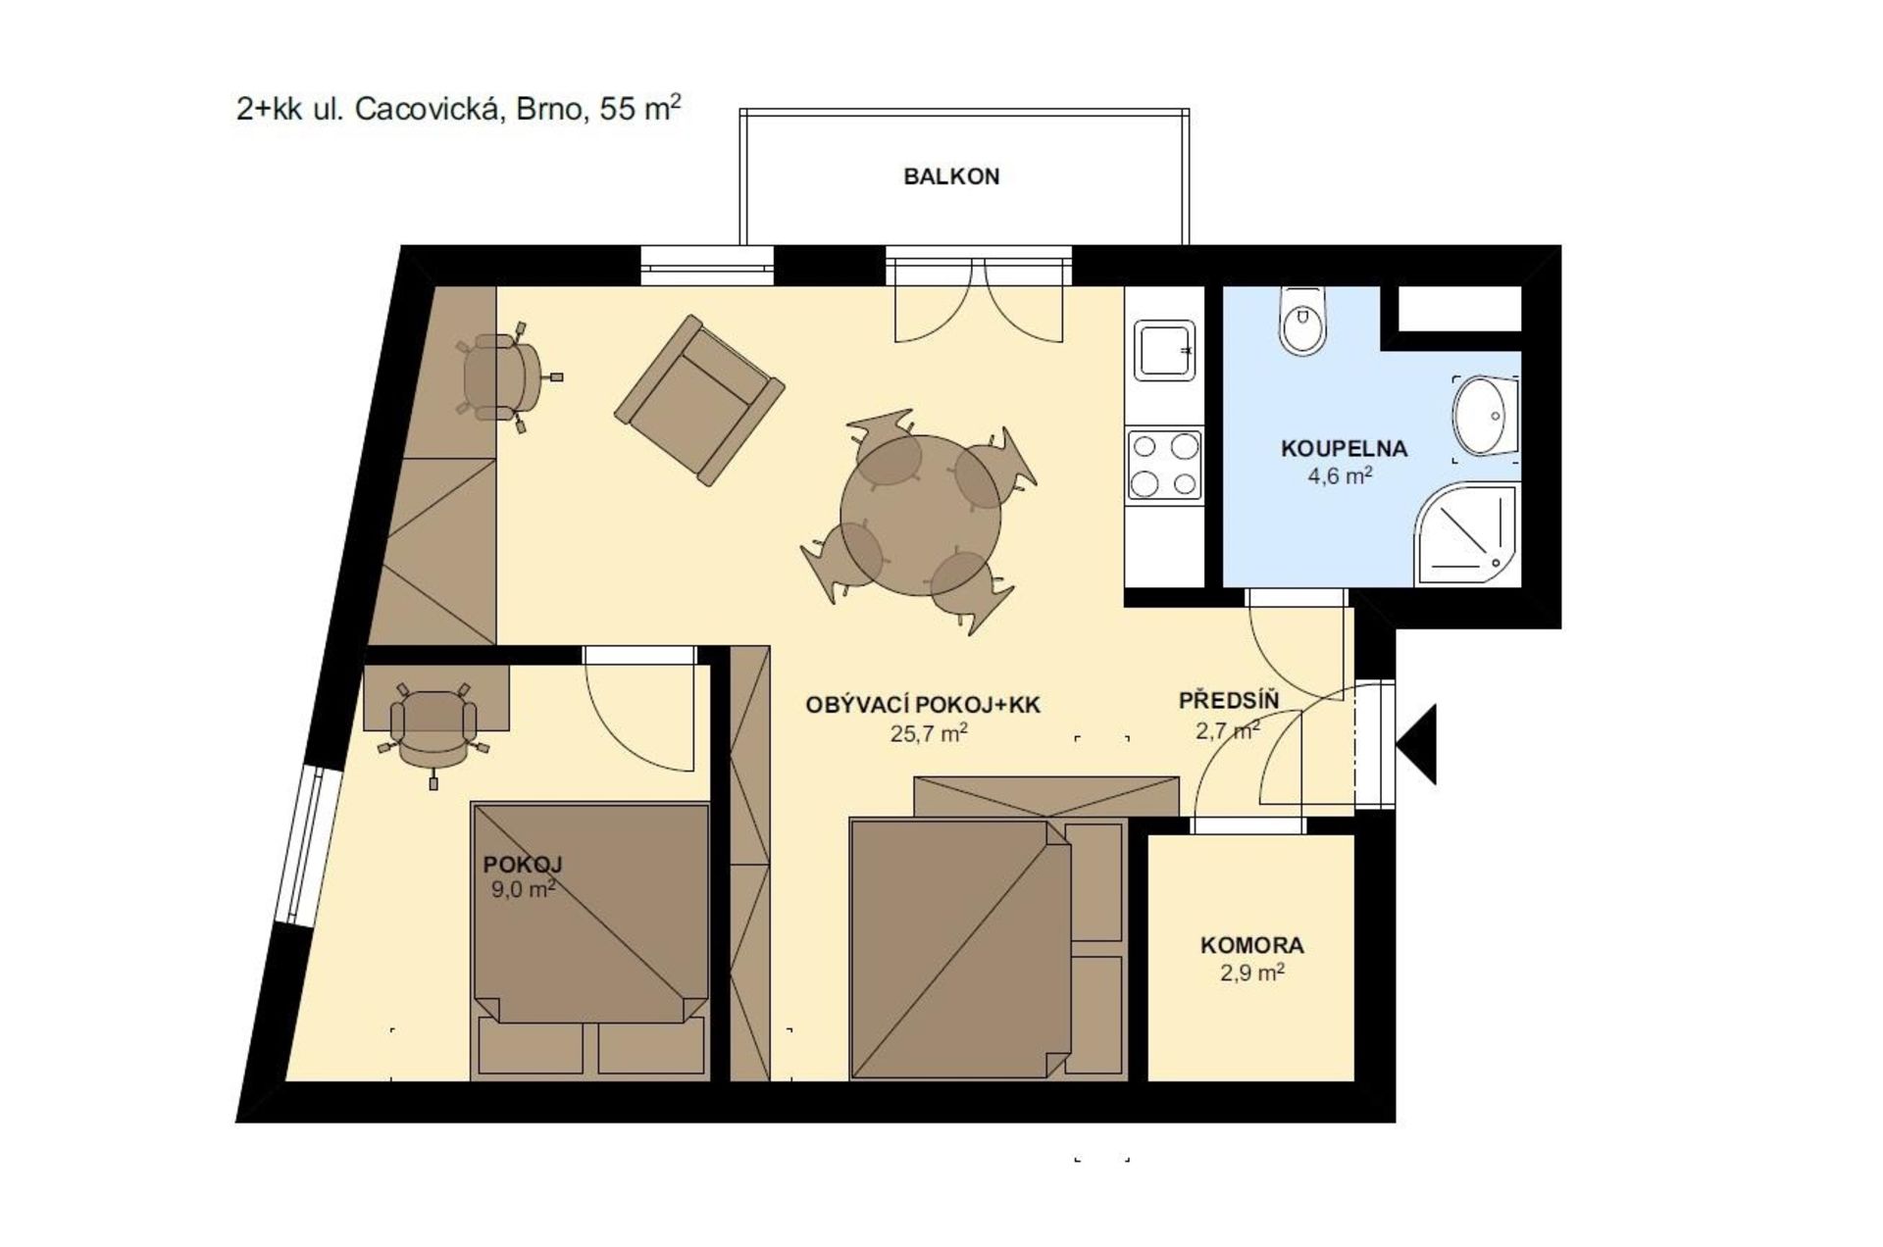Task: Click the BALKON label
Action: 951,176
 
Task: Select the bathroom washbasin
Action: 1485,417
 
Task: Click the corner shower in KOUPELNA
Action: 1467,534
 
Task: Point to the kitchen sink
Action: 1165,350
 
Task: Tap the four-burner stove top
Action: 1164,464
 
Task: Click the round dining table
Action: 920,516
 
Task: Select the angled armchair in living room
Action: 699,400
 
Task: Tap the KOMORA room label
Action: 1252,946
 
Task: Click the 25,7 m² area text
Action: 929,732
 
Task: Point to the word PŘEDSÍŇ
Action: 1229,700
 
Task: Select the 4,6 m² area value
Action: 1340,475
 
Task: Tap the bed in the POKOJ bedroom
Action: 590,941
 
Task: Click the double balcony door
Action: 979,293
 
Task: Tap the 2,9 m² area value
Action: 1252,973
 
